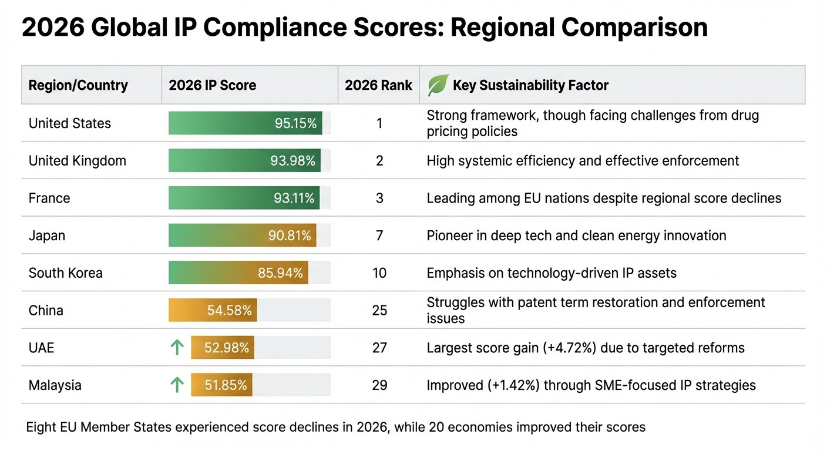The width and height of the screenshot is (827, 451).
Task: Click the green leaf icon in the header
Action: click(438, 85)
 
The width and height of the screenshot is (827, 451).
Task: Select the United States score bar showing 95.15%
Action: click(245, 123)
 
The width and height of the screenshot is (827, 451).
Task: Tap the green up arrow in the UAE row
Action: click(177, 348)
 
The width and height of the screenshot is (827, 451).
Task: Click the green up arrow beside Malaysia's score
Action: click(177, 385)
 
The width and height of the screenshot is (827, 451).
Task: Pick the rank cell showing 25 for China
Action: click(379, 310)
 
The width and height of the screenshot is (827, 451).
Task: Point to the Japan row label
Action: click(47, 235)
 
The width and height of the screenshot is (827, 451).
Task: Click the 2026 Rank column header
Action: click(379, 85)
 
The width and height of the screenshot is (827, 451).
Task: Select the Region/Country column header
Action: click(78, 85)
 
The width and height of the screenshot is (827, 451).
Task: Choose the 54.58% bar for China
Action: click(213, 310)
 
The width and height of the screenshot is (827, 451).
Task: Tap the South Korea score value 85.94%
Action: click(280, 273)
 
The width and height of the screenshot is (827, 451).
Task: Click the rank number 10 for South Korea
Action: click(379, 273)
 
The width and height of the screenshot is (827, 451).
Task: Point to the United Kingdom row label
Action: click(77, 161)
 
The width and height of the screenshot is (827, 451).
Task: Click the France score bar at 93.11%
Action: click(244, 198)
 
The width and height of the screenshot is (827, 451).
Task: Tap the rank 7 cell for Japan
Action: click(379, 235)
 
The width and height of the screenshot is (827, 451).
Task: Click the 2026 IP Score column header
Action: click(212, 85)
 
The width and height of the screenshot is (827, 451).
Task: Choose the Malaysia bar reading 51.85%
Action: click(221, 385)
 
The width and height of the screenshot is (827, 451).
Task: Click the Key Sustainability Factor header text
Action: click(530, 85)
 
